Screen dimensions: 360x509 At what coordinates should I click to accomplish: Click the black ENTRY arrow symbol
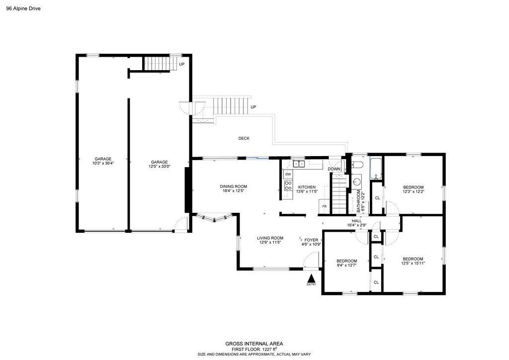point(311,278)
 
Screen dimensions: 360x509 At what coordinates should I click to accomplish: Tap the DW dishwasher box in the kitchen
point(288,174)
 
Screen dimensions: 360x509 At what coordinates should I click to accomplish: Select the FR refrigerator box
point(325,206)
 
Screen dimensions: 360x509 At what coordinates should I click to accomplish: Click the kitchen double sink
point(299,164)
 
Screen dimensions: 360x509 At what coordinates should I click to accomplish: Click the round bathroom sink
point(356,182)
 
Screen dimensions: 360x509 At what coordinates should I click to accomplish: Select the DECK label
point(244,138)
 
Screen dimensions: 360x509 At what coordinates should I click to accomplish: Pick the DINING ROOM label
point(233,186)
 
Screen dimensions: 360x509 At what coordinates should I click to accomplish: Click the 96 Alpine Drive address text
point(23,8)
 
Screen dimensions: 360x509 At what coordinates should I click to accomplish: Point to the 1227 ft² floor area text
point(263,349)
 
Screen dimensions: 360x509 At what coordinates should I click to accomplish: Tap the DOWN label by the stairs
point(334,169)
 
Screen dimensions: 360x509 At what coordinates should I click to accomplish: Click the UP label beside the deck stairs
point(254,107)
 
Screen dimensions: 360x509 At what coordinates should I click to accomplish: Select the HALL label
point(357,221)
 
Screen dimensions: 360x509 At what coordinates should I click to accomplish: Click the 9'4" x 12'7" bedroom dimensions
point(346,265)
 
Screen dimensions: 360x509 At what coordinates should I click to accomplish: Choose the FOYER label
point(311,240)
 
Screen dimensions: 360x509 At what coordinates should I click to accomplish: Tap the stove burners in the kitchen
point(287,186)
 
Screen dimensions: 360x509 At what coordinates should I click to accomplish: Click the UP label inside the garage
point(182,65)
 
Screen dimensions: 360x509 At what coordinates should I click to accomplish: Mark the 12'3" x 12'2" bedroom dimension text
point(413,191)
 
